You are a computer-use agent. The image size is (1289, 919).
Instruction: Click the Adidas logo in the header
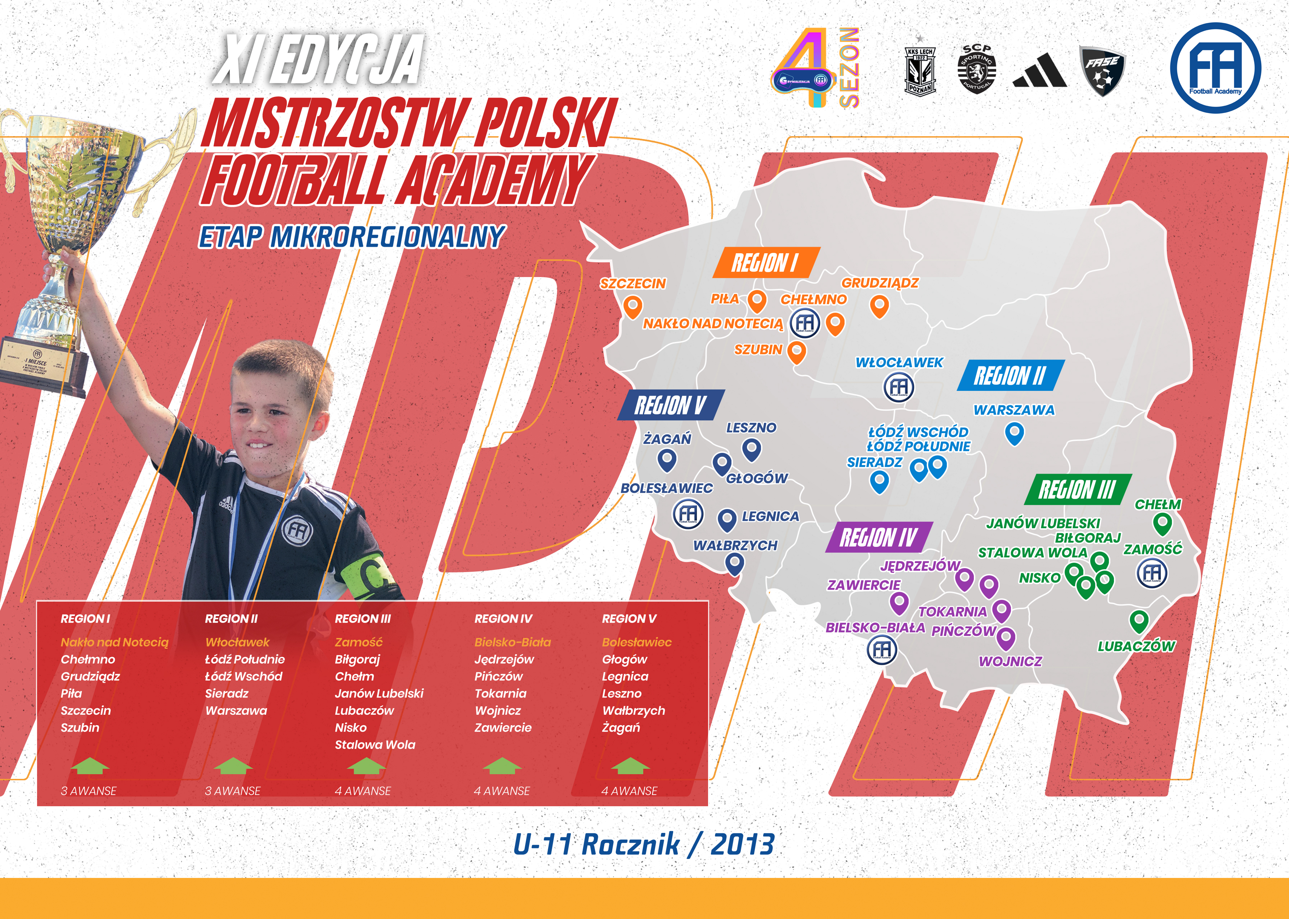pos(1039,70)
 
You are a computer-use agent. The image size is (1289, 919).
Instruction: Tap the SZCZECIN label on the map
pos(633,284)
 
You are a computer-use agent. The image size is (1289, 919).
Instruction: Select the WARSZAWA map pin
pos(1015,434)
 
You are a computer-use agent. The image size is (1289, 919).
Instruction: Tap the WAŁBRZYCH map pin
pos(735,564)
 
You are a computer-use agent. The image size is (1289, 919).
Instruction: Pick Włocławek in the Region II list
pos(237,642)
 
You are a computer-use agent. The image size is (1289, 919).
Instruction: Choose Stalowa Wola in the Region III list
pos(375,745)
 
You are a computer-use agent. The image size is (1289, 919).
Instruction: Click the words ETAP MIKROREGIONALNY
pos(351,237)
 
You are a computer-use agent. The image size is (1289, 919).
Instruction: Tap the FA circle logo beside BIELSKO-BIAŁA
pos(882,650)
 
